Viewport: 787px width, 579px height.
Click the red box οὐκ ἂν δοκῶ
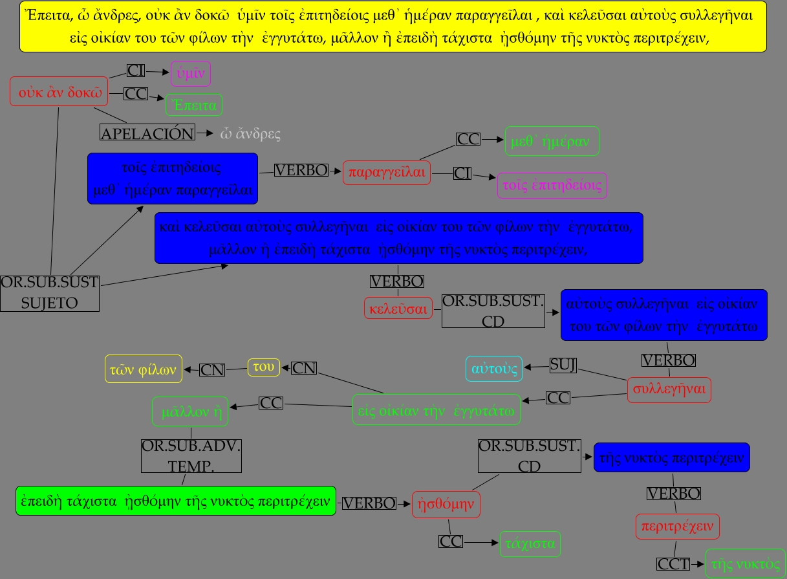coord(58,91)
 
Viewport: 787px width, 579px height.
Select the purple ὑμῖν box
coord(191,74)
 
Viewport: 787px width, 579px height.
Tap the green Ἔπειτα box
coord(195,105)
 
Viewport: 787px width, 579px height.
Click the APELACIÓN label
coord(147,133)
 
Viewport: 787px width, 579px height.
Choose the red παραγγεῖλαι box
coord(387,172)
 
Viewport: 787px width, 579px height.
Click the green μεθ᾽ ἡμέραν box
coord(552,142)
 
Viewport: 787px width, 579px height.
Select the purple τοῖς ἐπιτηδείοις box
coord(552,186)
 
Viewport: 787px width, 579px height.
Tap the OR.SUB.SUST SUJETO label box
coord(50,293)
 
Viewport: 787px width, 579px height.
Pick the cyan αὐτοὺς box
coord(494,369)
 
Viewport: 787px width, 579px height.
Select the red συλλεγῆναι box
coord(669,389)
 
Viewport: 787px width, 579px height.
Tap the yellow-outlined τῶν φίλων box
coord(144,369)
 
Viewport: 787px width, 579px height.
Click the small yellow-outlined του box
coord(264,367)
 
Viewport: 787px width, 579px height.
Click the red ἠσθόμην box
coord(446,504)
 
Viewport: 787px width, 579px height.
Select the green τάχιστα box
coord(530,544)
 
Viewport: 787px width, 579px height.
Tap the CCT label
coord(673,563)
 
